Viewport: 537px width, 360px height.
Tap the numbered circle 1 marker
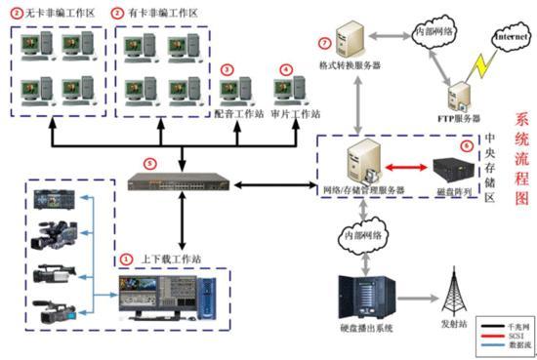coord(126,260)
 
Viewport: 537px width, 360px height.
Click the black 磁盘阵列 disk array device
coord(451,167)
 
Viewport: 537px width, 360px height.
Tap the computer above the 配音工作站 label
coord(235,91)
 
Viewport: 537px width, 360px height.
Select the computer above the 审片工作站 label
coord(285,91)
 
